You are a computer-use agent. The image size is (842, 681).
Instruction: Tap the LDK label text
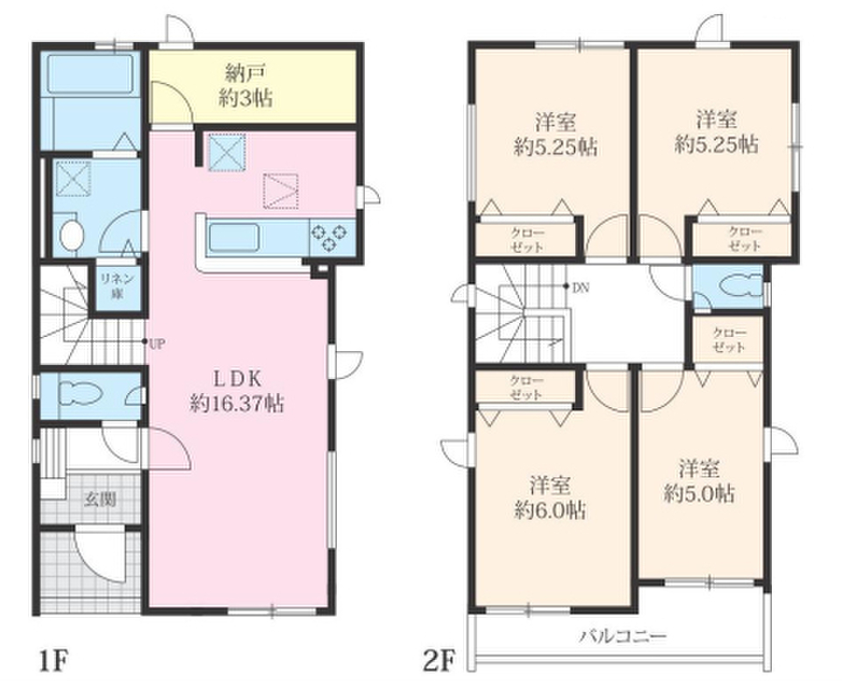tap(238, 379)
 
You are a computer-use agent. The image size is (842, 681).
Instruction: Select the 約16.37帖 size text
tap(238, 404)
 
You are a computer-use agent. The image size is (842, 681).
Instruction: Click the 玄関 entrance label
tap(100, 499)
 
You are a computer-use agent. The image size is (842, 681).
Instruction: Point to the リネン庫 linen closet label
tap(117, 286)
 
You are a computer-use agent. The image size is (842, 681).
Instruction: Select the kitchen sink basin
tap(234, 238)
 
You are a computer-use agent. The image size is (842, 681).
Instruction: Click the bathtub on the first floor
tap(90, 73)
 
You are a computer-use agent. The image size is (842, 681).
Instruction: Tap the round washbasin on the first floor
tap(71, 235)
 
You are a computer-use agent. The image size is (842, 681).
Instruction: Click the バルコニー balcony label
tap(623, 637)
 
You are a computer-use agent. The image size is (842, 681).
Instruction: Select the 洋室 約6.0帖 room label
tap(550, 498)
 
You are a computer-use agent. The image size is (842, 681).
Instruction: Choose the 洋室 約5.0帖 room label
tap(699, 481)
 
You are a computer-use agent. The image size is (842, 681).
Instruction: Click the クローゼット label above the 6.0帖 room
tap(525, 388)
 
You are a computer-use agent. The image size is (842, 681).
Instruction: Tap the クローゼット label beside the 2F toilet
tap(729, 340)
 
